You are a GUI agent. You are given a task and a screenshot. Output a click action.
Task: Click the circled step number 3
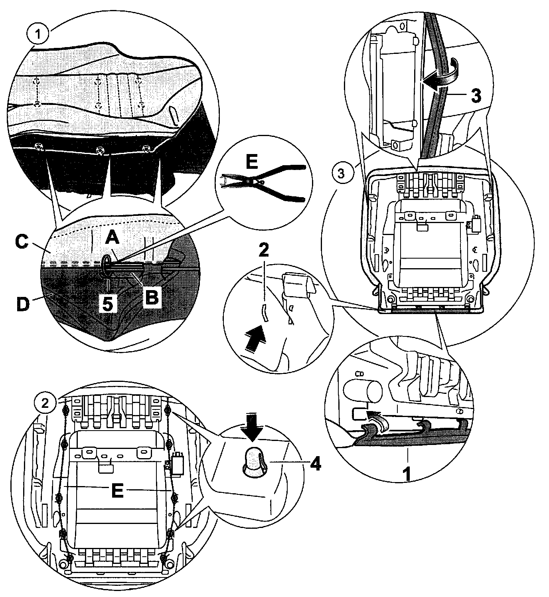(340, 174)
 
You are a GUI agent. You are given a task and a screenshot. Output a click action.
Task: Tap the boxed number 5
(108, 304)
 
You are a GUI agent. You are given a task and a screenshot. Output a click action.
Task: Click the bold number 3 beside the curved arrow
(476, 95)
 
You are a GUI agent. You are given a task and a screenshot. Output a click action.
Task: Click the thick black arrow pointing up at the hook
(255, 338)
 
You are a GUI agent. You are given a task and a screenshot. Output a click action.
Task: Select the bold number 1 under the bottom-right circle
(407, 475)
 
